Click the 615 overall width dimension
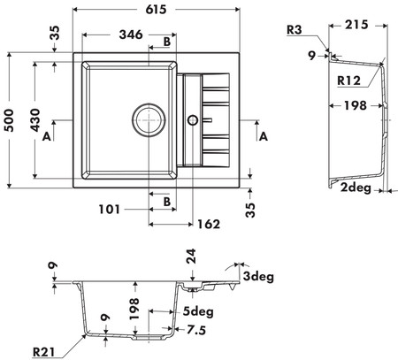pos(156,10)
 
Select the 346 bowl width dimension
pos(131,34)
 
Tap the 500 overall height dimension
pos(10,120)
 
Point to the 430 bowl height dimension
pos(35,120)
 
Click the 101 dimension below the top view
pos(110,210)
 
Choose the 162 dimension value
pos(209,225)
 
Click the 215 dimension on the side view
pos(356,25)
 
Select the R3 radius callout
pos(295,30)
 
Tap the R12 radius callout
pos(349,80)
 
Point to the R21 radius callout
pos(43,352)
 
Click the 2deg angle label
pos(356,188)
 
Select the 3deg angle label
pos(258,277)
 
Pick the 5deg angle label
pos(198,311)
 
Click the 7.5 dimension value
pos(196,330)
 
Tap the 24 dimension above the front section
pos(191,257)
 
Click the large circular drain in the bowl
pos(149,120)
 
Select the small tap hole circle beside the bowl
pos(193,120)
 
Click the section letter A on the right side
pos(263,136)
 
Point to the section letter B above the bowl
pos(167,42)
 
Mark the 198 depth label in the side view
pos(356,105)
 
